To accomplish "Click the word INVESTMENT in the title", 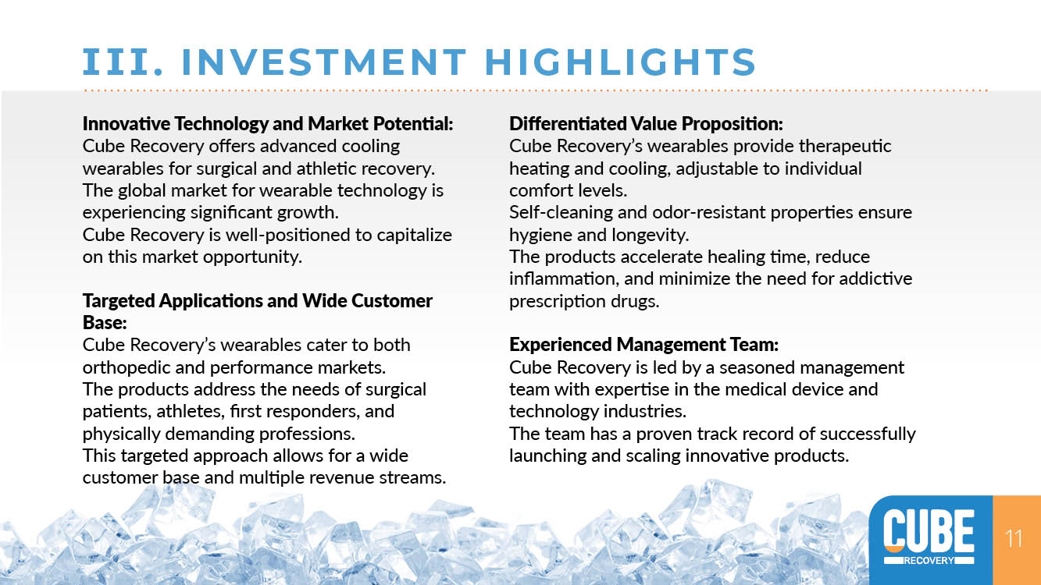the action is [x=324, y=62].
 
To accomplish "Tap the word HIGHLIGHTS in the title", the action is [x=620, y=62].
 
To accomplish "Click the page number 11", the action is [x=1014, y=539].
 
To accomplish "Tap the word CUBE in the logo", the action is [x=929, y=530].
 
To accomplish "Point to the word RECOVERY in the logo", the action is [x=929, y=560].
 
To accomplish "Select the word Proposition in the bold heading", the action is [x=732, y=123].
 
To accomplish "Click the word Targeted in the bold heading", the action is [x=119, y=301].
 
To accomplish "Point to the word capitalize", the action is [x=414, y=235].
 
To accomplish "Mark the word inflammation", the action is [x=564, y=278].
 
